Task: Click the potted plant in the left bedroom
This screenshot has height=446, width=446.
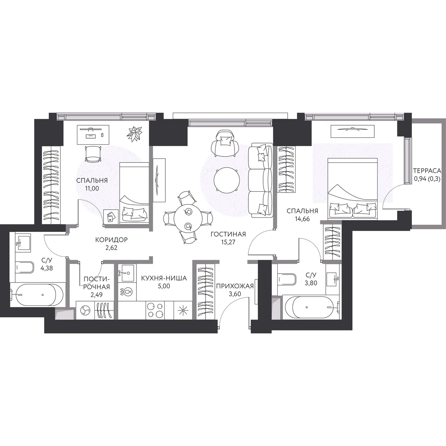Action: (134, 134)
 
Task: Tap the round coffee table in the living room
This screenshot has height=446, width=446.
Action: (227, 180)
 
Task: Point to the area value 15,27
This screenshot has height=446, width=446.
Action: (228, 242)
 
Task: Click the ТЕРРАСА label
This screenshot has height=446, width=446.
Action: (427, 171)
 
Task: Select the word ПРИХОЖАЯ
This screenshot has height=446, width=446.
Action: (235, 286)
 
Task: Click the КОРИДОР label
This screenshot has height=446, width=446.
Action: (111, 240)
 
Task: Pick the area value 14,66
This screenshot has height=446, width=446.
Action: (302, 219)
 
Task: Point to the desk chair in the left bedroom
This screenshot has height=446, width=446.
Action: (93, 154)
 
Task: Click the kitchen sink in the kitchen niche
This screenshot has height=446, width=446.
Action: (126, 273)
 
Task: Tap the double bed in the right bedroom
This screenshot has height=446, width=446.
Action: (353, 188)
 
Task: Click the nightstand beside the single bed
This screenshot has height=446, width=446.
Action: (111, 217)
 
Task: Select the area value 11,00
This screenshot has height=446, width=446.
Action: (92, 188)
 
